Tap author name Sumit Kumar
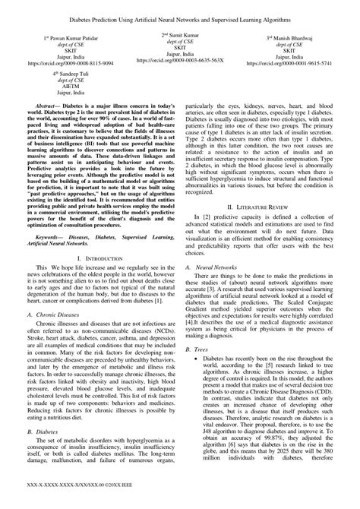click(x=180, y=35)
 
